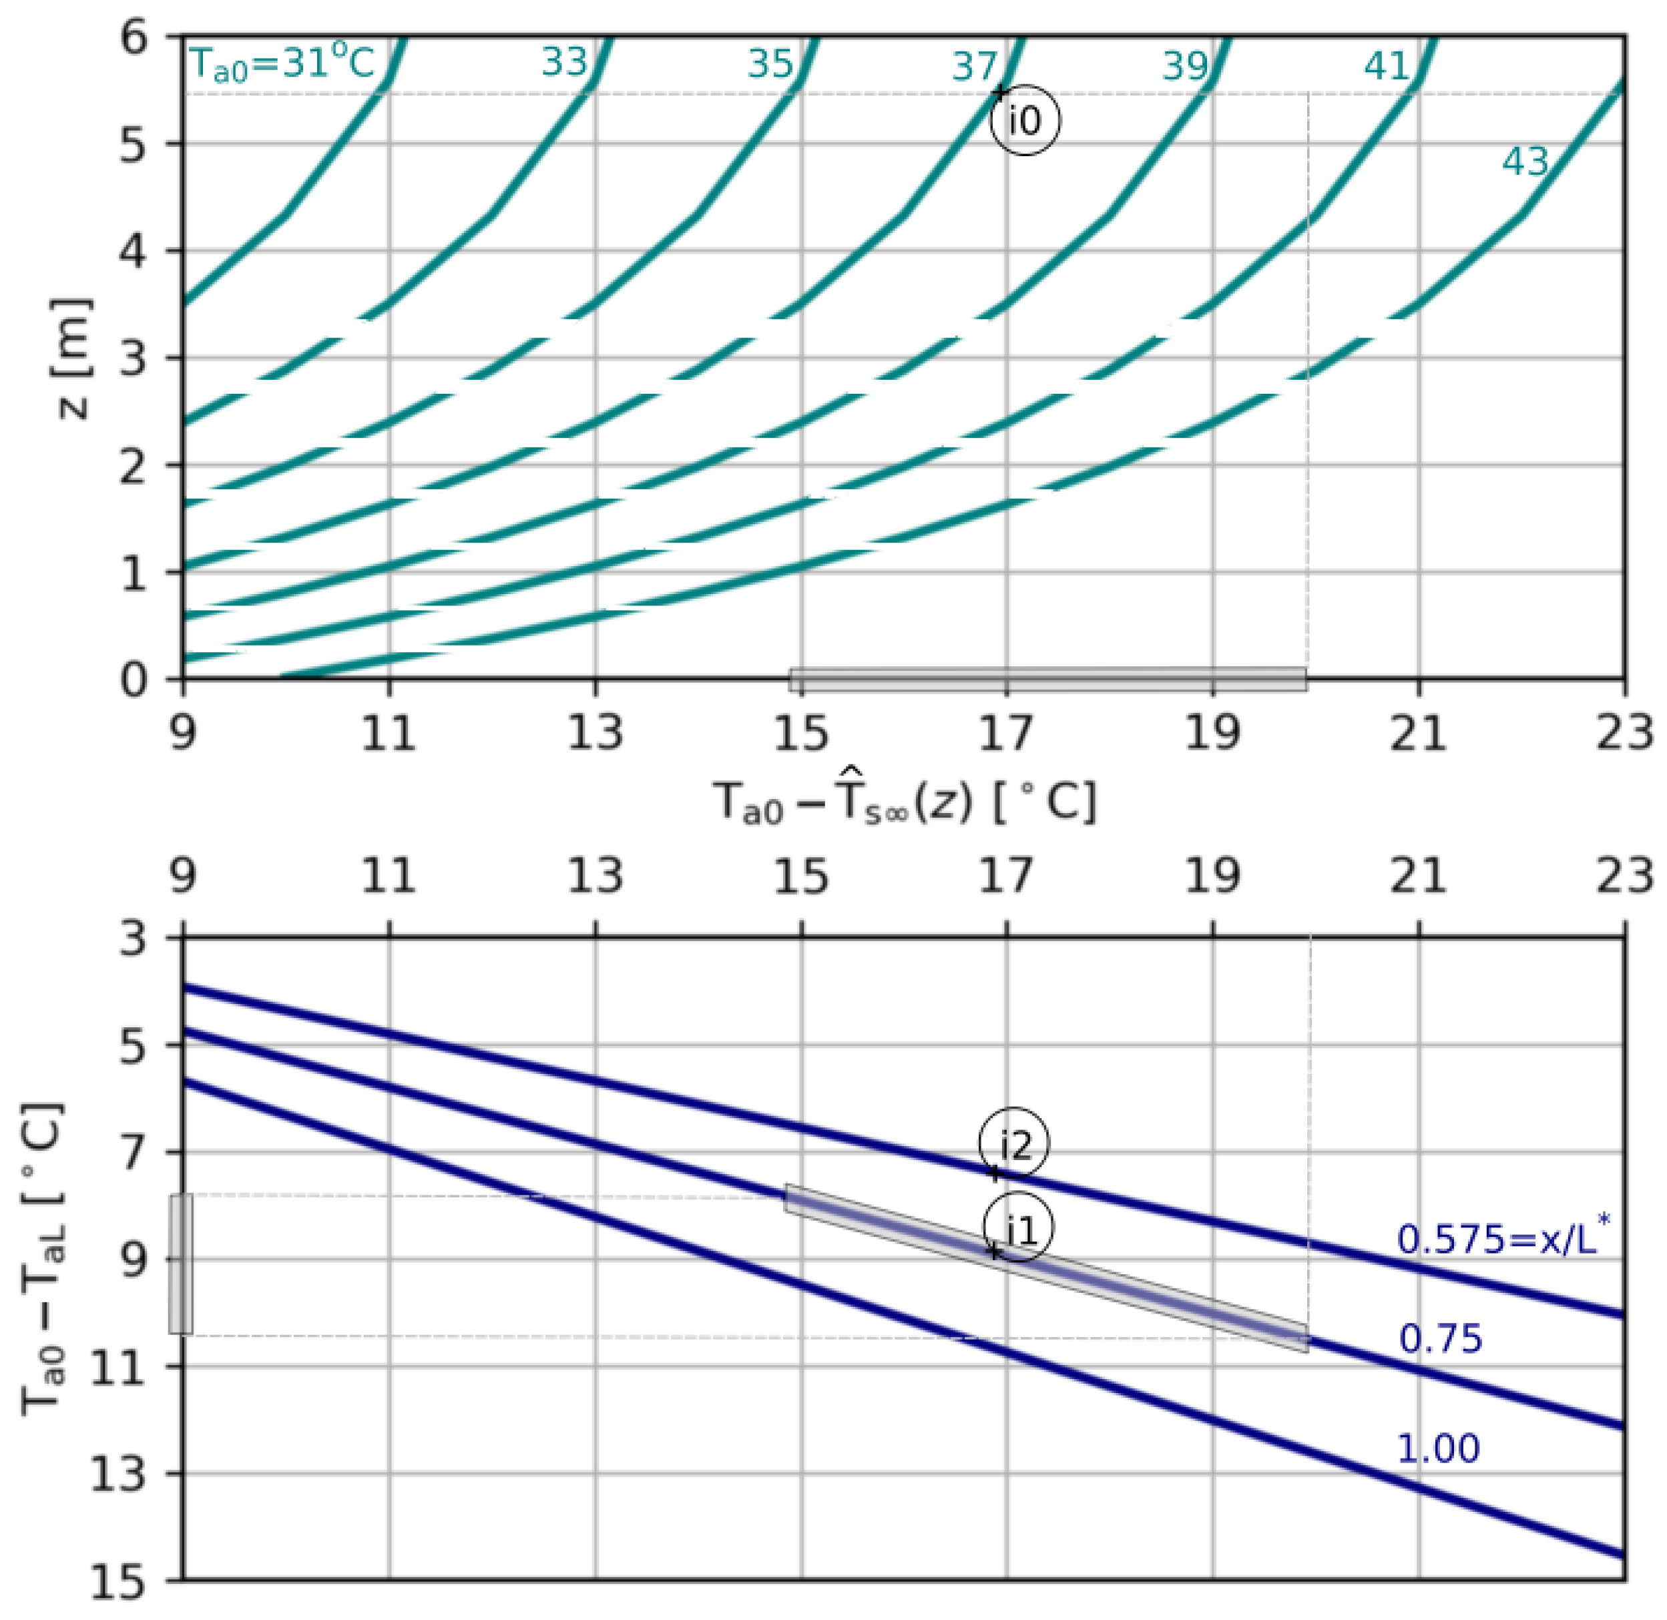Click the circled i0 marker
[x=1025, y=121]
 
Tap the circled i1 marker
[x=1017, y=1229]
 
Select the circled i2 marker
[x=1013, y=1143]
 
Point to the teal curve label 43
[x=1525, y=162]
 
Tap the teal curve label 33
[x=564, y=62]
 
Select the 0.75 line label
[x=1440, y=1339]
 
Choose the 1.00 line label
[x=1438, y=1448]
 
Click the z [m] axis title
[x=71, y=358]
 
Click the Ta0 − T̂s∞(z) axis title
[x=905, y=802]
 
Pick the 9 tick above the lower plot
[x=183, y=876]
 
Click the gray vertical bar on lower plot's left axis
[x=180, y=1264]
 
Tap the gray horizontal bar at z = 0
[x=1047, y=679]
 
